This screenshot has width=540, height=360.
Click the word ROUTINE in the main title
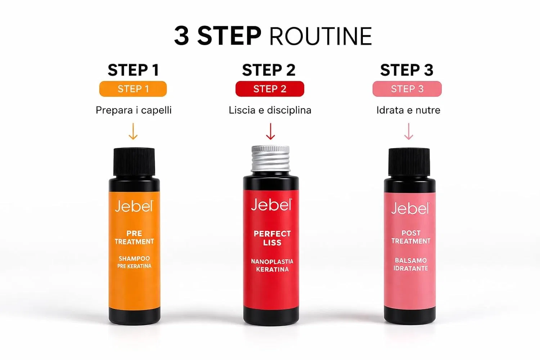(x=320, y=36)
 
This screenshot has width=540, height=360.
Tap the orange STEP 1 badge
(x=133, y=89)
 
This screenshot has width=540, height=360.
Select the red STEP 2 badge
(x=270, y=89)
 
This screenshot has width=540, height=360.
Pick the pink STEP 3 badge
(x=407, y=89)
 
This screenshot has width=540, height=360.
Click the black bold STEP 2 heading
(x=269, y=70)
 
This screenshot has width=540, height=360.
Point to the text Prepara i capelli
(x=134, y=110)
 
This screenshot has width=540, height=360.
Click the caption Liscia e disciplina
(x=270, y=110)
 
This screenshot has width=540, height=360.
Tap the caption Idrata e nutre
(x=408, y=110)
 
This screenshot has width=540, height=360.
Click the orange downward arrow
(x=133, y=131)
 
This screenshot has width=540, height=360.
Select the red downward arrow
(x=270, y=131)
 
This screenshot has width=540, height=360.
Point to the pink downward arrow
(x=409, y=131)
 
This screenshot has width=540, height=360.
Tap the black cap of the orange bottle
(x=134, y=162)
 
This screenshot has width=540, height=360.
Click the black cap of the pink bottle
(x=409, y=162)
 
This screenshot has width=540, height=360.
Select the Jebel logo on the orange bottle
(x=134, y=206)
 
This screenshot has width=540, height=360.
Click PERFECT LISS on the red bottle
(x=272, y=238)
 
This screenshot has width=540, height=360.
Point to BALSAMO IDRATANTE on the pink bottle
(x=411, y=264)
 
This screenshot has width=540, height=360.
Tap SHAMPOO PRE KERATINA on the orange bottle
(x=134, y=262)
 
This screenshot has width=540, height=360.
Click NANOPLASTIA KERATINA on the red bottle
(x=272, y=265)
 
